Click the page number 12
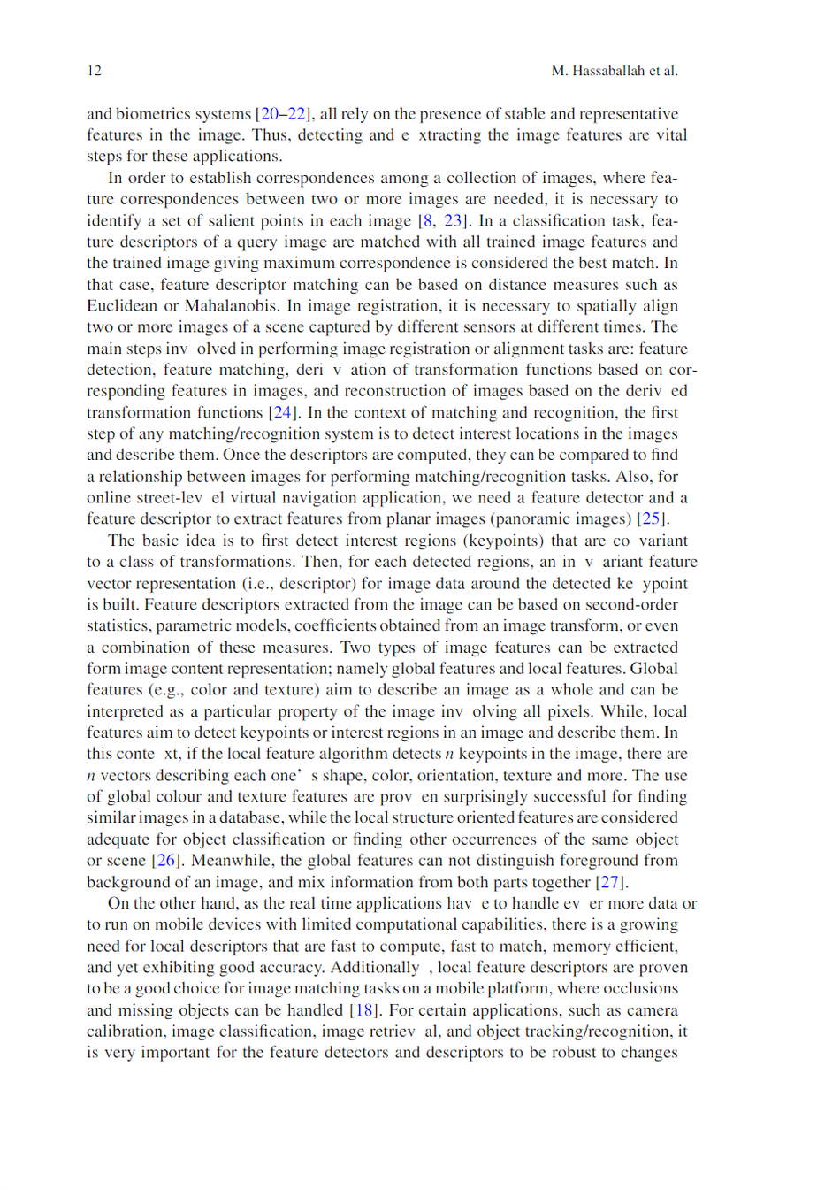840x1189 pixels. click(94, 71)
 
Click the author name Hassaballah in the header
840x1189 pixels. click(608, 71)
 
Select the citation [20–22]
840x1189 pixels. click(283, 114)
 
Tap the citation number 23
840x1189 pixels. click(454, 221)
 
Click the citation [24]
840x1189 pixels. click(283, 413)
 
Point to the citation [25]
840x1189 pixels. click(652, 519)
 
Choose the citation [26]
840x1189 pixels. click(166, 861)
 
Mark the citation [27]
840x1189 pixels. click(610, 882)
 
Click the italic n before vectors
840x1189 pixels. click(91, 776)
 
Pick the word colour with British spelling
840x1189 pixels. click(178, 797)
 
